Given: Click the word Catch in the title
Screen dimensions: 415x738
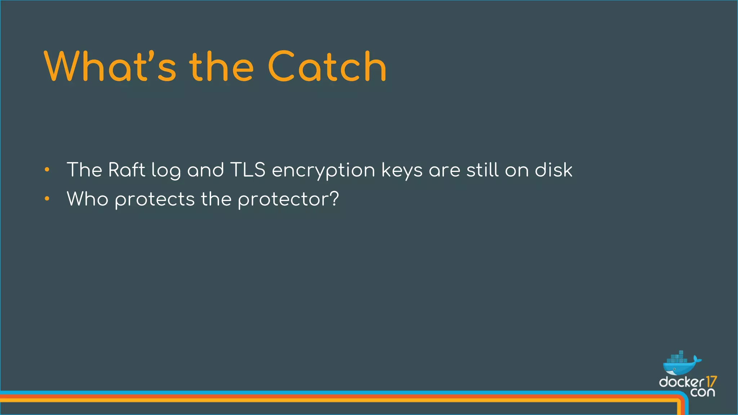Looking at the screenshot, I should coord(327,67).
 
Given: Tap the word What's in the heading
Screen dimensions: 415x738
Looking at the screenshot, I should coord(110,67).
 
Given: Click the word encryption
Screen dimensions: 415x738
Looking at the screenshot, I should coord(323,170).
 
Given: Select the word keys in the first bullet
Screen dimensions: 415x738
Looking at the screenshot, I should coord(401,170).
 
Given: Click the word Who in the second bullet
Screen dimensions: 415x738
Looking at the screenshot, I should coord(88,199).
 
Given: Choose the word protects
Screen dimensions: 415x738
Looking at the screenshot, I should coord(155,200).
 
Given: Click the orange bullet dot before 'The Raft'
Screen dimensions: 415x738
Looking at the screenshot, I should coord(47,170).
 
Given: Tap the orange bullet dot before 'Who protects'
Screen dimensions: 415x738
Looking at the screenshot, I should coord(47,198).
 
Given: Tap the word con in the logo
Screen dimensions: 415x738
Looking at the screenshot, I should coord(702,392).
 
